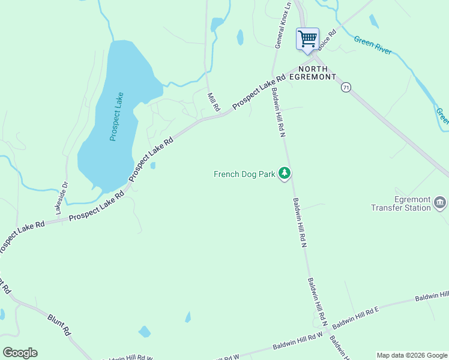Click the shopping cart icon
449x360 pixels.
coord(307,39)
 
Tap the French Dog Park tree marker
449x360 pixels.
coord(285,174)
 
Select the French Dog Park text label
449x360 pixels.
coord(244,175)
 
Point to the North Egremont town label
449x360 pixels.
coord(312,73)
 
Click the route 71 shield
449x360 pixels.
coord(346,88)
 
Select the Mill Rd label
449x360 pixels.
coord(213,101)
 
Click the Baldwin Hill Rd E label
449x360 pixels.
coord(356,316)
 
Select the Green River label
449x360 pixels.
coord(373,46)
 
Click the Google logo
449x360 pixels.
coord(20,353)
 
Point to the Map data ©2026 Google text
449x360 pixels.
coord(411,355)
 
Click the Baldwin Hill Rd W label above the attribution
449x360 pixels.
coord(298,341)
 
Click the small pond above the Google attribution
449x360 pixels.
coord(144,331)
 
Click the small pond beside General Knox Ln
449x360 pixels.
coord(240,37)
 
